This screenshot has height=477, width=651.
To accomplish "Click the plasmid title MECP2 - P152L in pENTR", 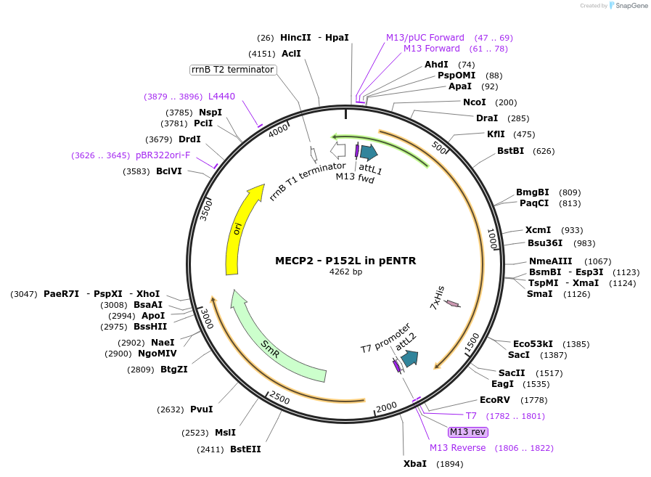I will click(345, 261).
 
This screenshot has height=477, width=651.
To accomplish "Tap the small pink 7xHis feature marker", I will click(453, 303).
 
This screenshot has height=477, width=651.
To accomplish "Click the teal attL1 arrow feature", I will click(369, 152).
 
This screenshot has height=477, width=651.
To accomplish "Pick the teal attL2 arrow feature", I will click(409, 358).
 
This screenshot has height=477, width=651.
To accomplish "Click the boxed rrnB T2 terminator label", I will click(232, 70).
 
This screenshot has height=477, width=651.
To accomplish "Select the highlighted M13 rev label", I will click(467, 432).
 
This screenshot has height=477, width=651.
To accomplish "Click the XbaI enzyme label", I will click(415, 464).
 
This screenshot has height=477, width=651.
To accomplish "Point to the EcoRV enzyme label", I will click(494, 400).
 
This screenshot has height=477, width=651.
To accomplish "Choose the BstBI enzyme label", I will click(510, 151).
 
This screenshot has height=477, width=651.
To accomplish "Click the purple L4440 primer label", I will click(221, 97).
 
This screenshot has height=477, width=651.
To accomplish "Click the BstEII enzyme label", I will click(245, 449).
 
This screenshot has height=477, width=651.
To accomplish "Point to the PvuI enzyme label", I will click(201, 409).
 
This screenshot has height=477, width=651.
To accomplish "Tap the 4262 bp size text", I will click(345, 272).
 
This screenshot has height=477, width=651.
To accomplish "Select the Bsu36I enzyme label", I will click(545, 243).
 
